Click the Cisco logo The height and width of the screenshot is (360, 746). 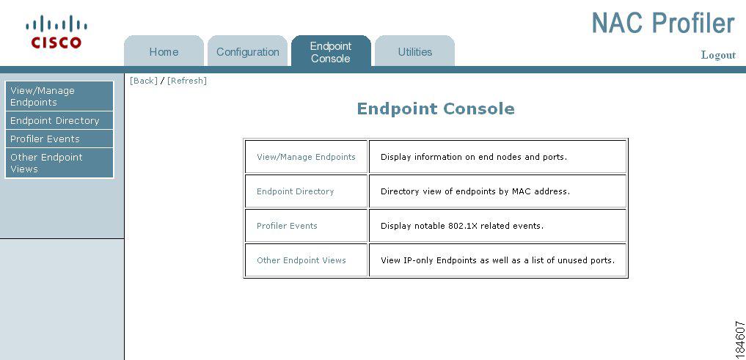tap(56, 32)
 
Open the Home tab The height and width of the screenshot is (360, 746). tap(164, 51)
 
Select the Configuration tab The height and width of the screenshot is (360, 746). tap(247, 51)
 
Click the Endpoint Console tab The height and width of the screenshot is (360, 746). tap(331, 51)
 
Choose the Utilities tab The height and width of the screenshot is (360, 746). tap(415, 51)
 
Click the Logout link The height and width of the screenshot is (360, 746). tap(718, 55)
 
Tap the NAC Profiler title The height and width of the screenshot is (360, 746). tap(663, 23)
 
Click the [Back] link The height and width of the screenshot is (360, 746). tap(143, 81)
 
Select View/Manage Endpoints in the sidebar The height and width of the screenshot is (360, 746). tap(59, 96)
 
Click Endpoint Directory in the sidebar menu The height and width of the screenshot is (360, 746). tap(59, 121)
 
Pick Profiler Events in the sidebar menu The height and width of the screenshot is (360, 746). tap(59, 139)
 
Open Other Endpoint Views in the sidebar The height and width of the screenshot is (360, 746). tap(59, 163)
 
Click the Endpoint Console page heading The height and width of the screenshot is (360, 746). tap(436, 109)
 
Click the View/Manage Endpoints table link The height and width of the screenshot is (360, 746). tap(306, 157)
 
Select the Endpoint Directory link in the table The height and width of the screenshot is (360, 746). tap(296, 191)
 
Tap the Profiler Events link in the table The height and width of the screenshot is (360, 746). tap(287, 226)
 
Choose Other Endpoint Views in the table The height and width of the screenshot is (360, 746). tap(301, 260)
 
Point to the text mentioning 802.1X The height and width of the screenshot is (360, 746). tap(462, 226)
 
